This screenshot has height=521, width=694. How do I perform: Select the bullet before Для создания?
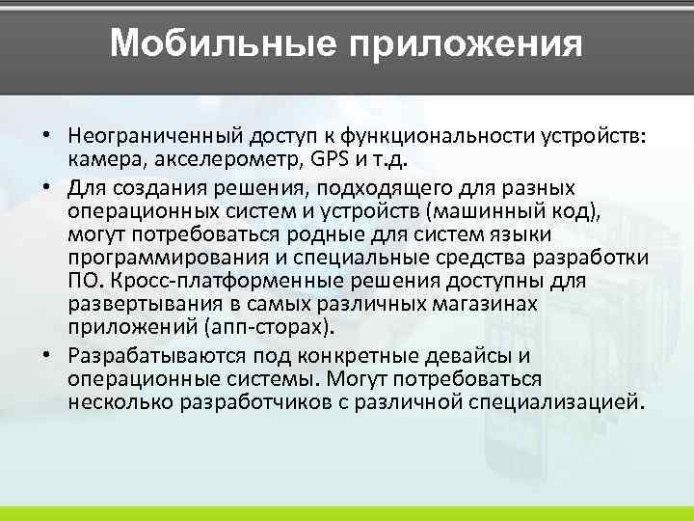[x=45, y=185]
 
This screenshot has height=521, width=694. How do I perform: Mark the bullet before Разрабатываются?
[x=45, y=353]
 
